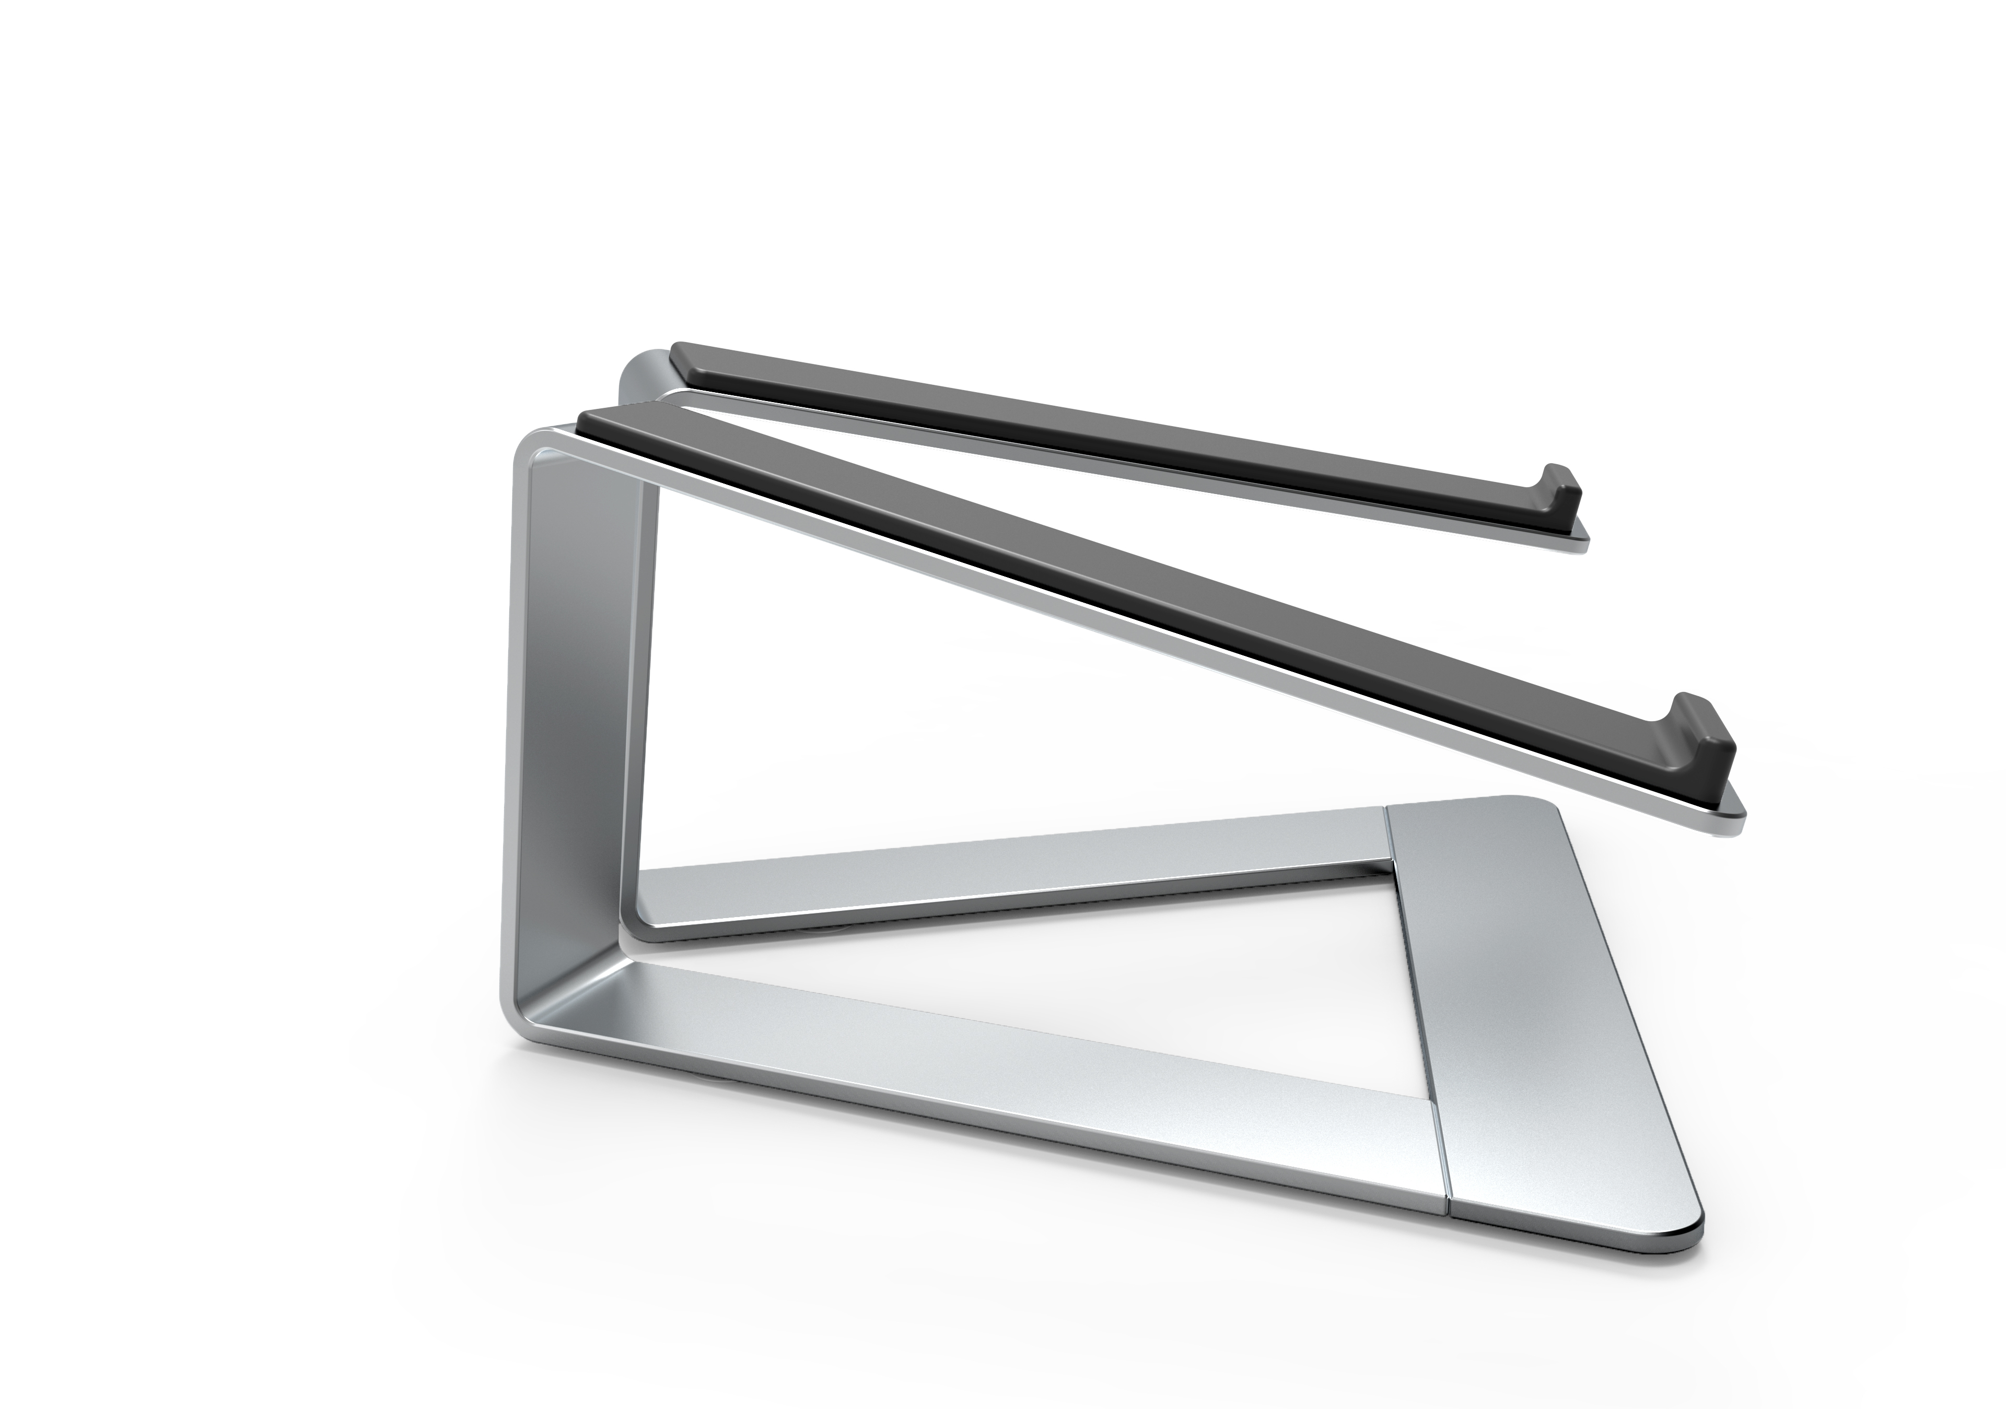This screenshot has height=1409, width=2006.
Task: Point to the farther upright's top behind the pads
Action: click(638, 371)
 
